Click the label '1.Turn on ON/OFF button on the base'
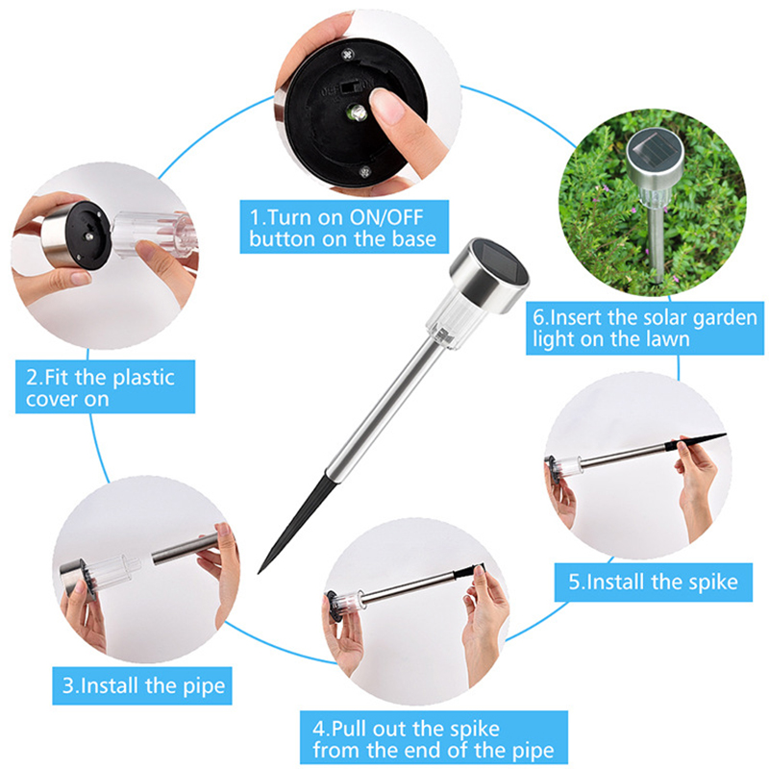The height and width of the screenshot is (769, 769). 344,227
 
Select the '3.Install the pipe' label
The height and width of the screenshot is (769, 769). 142,685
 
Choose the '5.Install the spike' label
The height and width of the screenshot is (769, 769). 654,583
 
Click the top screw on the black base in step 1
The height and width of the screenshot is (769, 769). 348,54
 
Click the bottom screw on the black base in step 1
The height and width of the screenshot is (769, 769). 364,172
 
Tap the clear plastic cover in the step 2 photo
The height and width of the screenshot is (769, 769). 153,235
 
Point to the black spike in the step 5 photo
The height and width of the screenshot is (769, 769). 695,441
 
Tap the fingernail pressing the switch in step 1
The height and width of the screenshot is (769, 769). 387,105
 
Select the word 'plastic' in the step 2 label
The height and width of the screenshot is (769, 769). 143,379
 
